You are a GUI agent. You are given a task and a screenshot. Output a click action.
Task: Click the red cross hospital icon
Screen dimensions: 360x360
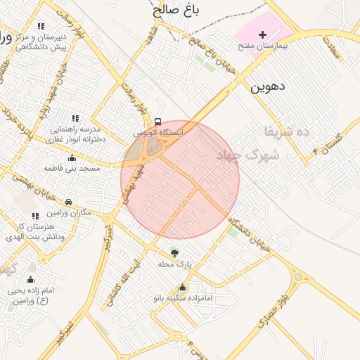click(263, 34)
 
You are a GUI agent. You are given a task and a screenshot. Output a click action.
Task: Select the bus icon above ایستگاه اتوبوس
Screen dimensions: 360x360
click(157, 122)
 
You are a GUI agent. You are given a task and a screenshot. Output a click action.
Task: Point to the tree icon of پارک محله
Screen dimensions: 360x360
click(174, 252)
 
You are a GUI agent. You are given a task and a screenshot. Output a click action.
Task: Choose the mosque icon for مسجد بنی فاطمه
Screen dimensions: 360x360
click(72, 158)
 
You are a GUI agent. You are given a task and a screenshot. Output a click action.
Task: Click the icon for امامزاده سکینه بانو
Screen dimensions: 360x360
click(183, 287)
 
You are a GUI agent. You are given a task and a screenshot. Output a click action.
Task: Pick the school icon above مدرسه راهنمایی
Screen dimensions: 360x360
click(75, 118)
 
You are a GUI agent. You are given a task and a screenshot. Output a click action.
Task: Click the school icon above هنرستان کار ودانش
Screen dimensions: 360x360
click(35, 215)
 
